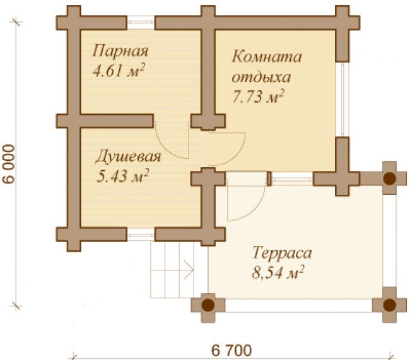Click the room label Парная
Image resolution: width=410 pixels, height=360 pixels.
120,51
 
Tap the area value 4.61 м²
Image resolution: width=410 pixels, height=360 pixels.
119,71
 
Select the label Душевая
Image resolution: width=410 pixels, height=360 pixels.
128,157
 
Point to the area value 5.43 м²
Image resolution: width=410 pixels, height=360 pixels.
122,176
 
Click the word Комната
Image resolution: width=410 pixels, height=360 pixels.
267,56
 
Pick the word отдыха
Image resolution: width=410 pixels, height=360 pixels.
261,77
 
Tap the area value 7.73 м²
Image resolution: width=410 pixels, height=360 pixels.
258,96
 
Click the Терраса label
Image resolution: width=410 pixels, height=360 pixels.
282,253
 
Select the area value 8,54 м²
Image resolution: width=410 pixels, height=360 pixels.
278,273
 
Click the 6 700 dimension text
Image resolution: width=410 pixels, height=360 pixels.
231,350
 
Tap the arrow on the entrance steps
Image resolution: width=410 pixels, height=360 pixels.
188,270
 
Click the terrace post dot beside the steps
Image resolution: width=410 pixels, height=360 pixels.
208,305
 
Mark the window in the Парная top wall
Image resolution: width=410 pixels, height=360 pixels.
141,23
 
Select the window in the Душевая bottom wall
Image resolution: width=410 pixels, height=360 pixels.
141,235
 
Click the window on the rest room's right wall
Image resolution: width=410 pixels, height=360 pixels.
343,99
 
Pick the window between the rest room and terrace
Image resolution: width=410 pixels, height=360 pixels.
292,179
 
